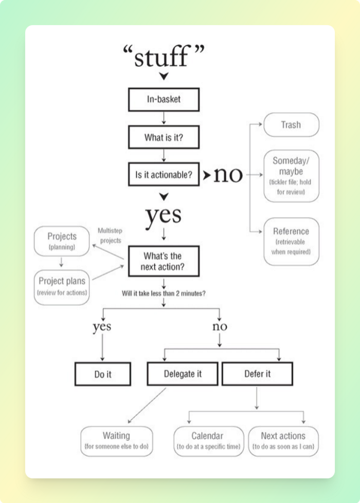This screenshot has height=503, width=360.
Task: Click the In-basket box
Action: click(x=164, y=100)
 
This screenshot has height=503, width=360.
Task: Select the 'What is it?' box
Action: click(x=164, y=137)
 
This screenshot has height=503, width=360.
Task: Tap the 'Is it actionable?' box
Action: click(x=164, y=175)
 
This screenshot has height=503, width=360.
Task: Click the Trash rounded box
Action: click(x=291, y=124)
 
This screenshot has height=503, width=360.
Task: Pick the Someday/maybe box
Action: click(x=291, y=176)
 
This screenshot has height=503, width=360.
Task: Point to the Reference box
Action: click(x=291, y=241)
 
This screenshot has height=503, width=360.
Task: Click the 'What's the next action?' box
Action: click(x=164, y=261)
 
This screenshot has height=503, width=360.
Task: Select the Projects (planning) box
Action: click(x=62, y=241)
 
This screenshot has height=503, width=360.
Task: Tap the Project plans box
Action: click(x=62, y=287)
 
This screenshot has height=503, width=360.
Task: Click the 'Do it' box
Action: click(x=103, y=374)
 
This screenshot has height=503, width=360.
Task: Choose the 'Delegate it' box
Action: click(x=183, y=374)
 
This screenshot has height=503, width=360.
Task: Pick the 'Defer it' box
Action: click(x=257, y=374)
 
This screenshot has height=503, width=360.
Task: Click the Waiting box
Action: click(x=117, y=441)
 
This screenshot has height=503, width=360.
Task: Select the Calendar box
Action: click(x=209, y=441)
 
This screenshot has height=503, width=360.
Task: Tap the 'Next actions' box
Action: click(x=283, y=441)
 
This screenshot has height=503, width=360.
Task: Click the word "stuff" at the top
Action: click(x=161, y=57)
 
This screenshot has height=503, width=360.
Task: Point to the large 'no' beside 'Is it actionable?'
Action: click(x=228, y=175)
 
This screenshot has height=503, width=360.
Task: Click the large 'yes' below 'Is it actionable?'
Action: click(x=164, y=216)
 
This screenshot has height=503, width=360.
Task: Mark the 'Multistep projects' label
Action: click(x=110, y=235)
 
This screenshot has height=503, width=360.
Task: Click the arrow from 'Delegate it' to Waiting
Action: click(x=147, y=405)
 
